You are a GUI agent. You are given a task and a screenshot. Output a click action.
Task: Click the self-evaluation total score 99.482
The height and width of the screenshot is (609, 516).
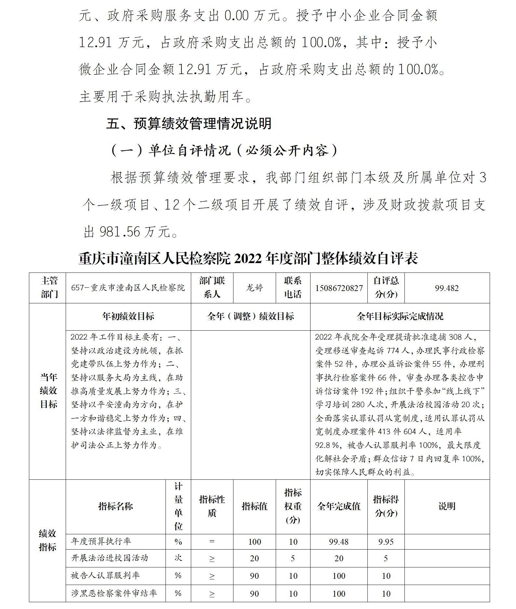(447, 288)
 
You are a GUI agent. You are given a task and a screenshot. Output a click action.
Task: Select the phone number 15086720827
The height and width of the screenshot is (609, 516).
(339, 288)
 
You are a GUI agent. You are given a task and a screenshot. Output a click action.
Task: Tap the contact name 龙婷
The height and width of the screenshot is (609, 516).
(254, 288)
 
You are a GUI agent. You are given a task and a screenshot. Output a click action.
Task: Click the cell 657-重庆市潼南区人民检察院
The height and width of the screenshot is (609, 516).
(128, 288)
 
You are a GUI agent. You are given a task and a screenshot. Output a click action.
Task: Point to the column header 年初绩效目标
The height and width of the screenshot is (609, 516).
(128, 316)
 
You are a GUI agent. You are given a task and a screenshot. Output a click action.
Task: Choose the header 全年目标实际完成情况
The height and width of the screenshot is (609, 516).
(400, 316)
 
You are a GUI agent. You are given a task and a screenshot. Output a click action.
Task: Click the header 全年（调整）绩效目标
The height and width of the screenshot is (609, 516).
(250, 316)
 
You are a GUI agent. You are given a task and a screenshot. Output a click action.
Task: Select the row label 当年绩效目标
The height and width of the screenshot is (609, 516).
(48, 391)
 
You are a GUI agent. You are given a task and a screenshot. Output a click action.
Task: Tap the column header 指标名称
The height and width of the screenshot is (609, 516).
(115, 506)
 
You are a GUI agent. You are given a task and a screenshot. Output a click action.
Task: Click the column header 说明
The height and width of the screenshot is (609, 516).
(447, 506)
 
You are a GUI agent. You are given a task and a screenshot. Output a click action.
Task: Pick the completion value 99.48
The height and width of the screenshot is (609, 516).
(338, 542)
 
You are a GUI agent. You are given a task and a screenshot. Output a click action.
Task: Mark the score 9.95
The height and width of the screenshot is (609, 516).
(386, 542)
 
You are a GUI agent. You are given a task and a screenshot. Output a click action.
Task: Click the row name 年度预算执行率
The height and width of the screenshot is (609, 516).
(101, 541)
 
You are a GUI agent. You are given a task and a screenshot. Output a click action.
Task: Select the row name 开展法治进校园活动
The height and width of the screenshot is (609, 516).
(110, 558)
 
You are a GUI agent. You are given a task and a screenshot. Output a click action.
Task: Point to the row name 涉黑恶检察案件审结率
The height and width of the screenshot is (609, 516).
(114, 593)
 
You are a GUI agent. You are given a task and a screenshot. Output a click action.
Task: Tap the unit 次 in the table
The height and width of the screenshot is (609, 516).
(178, 558)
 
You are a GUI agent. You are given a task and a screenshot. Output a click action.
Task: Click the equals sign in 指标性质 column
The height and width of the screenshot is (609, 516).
(212, 542)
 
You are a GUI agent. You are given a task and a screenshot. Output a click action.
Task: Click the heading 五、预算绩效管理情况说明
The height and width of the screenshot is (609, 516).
(189, 124)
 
